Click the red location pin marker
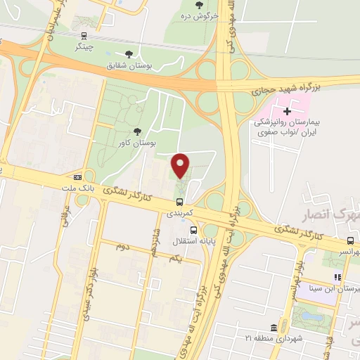click(181, 165)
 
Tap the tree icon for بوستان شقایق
click(129, 53)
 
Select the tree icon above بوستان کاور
click(136, 131)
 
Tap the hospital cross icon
click(287, 110)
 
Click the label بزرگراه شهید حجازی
click(284, 88)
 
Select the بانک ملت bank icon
click(77, 177)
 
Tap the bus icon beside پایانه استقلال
click(193, 230)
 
